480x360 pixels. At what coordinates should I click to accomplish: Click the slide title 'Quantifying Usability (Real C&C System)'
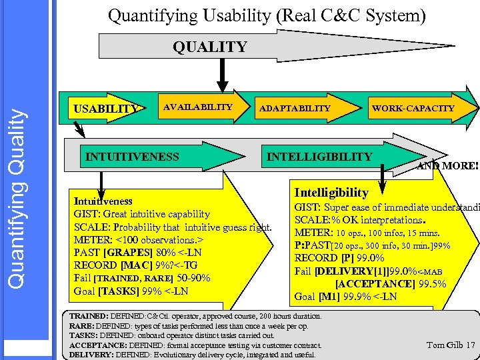[267, 15]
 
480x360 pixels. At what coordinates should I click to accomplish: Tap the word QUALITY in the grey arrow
[209, 47]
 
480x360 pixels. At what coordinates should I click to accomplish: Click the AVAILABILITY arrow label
[198, 107]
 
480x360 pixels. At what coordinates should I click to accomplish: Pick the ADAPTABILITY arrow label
[295, 108]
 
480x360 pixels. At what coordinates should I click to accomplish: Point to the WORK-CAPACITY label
[413, 108]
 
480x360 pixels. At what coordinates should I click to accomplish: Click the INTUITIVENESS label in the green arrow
[133, 157]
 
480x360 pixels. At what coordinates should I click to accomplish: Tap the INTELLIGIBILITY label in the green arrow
[319, 157]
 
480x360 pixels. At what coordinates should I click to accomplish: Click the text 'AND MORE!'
[447, 166]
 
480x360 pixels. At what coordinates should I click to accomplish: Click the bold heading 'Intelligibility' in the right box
[331, 193]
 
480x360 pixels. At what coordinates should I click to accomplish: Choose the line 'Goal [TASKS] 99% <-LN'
[131, 291]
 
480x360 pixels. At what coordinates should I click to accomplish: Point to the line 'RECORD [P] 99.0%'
[339, 258]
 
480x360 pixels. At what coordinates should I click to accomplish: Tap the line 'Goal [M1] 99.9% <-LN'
[345, 297]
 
